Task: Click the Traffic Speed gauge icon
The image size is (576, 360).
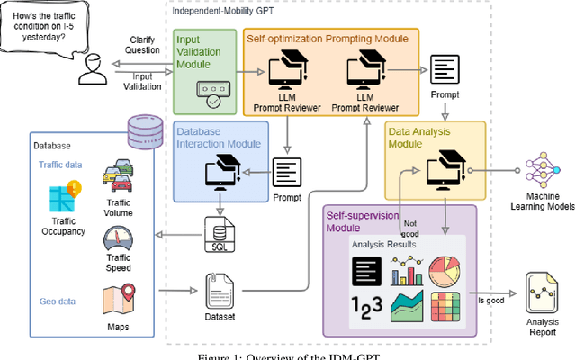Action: coord(119,240)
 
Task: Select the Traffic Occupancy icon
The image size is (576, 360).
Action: coord(62,196)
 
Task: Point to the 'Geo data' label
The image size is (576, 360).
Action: coord(56,278)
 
